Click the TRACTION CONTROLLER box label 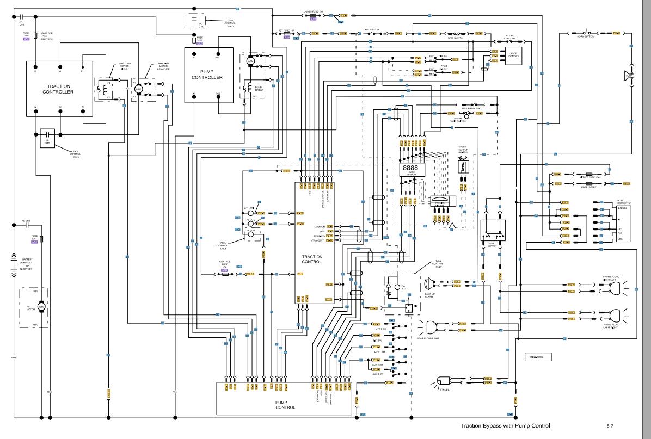pos(59,89)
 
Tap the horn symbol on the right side pos(630,76)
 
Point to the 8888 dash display pos(410,169)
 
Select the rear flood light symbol pos(433,326)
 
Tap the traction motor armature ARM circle pos(138,89)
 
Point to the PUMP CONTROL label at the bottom pos(285,407)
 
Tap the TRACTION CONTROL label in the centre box pos(312,259)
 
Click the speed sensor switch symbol pos(463,166)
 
